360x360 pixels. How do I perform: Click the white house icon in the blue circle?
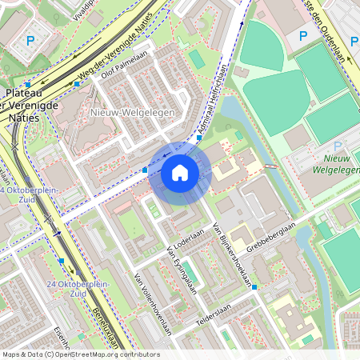coord(180,172)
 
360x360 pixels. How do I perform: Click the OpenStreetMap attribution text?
coord(80,354)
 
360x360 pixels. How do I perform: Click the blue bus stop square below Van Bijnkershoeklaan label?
coord(254,286)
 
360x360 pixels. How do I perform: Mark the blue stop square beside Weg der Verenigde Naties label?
coord(78,83)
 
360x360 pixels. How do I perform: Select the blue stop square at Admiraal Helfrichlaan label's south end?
coord(199,138)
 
